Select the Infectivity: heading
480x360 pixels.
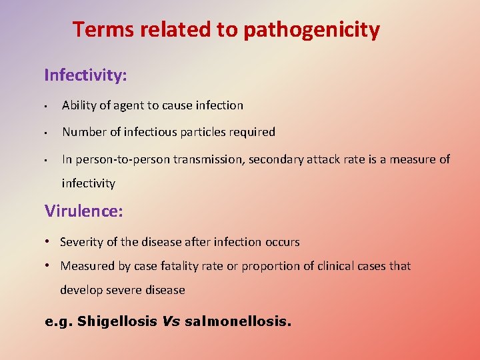click(x=85, y=75)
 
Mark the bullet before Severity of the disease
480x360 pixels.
click(x=50, y=241)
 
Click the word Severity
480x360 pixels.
click(x=81, y=242)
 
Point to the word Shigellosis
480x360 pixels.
click(x=118, y=321)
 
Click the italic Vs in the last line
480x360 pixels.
click(x=171, y=321)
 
